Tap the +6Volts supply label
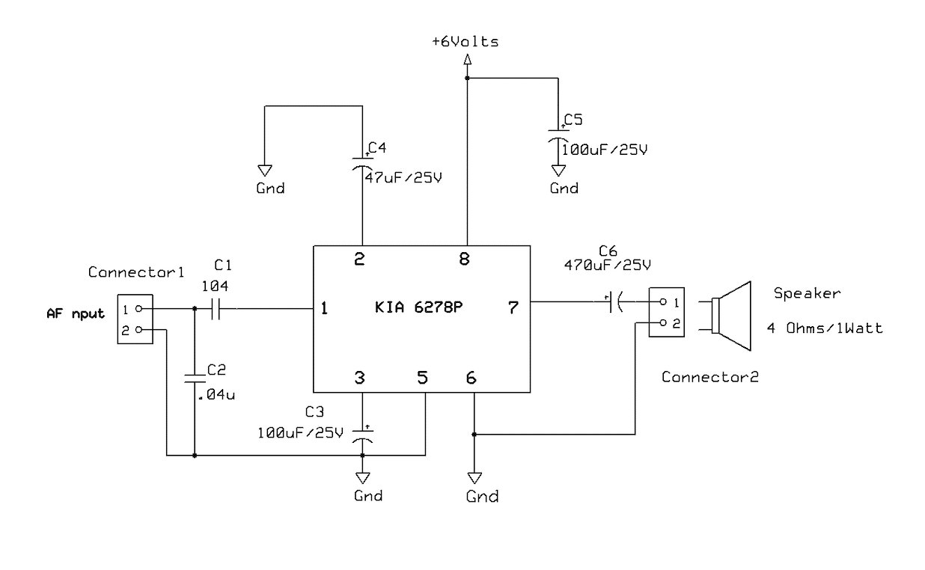click(x=465, y=42)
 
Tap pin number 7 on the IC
click(x=513, y=307)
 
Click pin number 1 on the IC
click(x=325, y=308)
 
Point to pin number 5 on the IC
click(x=423, y=378)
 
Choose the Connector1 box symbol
click(x=135, y=319)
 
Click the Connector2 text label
click(x=709, y=377)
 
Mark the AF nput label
click(x=76, y=313)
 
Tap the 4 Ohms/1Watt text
click(x=825, y=328)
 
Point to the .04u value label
click(x=216, y=394)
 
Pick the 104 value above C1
click(x=215, y=285)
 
